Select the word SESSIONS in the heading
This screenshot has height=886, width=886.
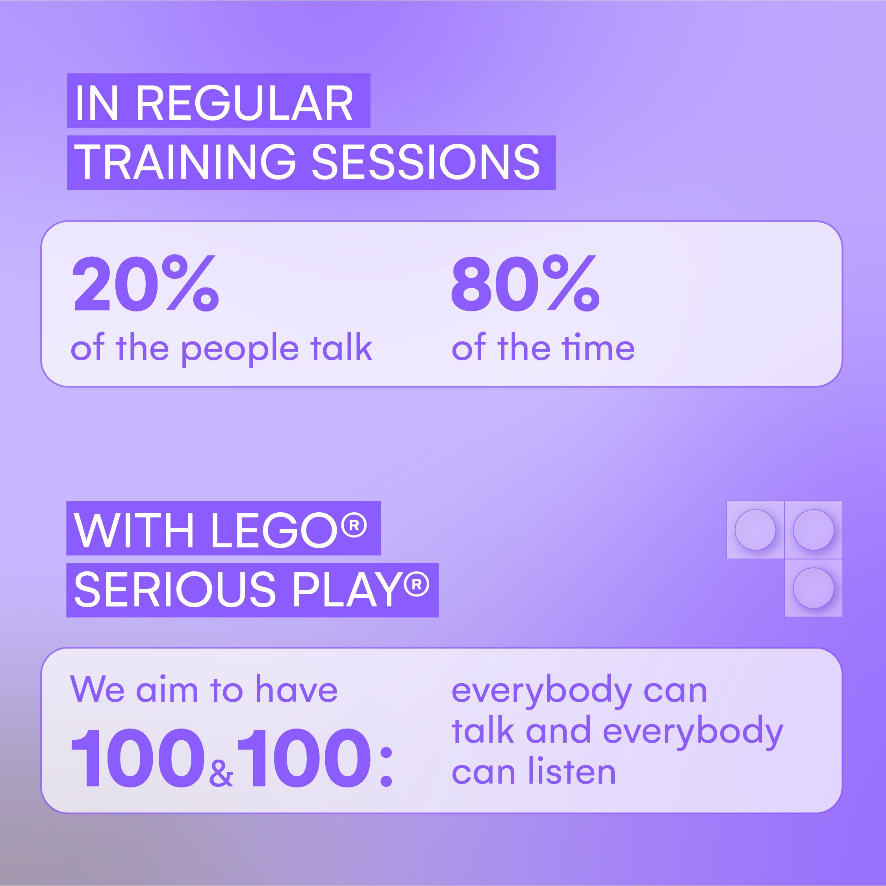click(426, 161)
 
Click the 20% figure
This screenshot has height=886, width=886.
click(146, 284)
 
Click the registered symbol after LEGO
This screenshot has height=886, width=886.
click(354, 525)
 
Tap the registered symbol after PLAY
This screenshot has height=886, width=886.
click(416, 584)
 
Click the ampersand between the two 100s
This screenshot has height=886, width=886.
click(221, 773)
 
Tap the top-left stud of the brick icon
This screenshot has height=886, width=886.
click(755, 530)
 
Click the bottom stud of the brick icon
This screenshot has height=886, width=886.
click(814, 588)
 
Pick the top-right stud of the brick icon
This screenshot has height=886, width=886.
click(814, 530)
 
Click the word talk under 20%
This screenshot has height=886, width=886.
click(341, 347)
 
